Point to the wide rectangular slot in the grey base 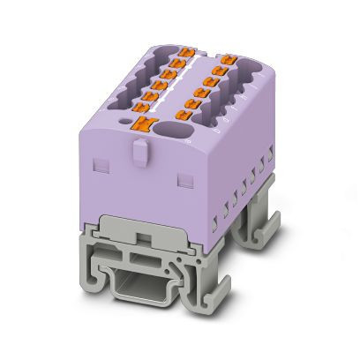point(140,262)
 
